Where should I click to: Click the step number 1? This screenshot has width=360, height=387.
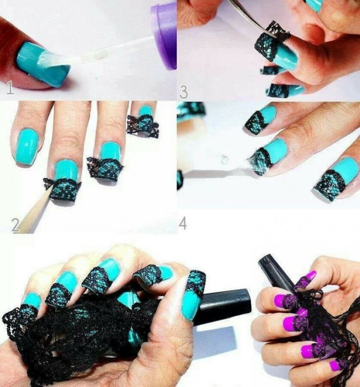(x=9, y=88)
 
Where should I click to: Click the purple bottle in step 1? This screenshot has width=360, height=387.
(x=165, y=34)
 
